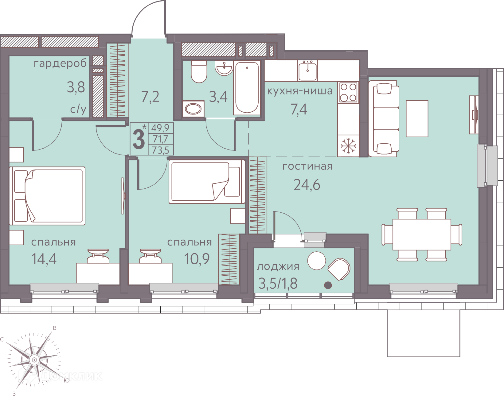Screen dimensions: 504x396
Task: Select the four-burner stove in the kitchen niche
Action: [x=348, y=92]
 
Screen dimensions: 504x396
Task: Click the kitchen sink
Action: [x=307, y=70]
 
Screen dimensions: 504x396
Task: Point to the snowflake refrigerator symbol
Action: [x=348, y=146]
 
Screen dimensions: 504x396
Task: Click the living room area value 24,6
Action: [x=307, y=185]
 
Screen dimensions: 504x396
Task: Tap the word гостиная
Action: [x=307, y=166]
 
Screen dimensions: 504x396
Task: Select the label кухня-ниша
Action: [x=300, y=91]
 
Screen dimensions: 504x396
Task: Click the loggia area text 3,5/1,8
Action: [x=278, y=284]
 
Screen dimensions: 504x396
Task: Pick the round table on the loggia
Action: [x=317, y=261]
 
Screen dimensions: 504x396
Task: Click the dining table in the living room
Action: [x=422, y=234]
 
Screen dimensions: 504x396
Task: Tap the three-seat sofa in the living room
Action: [x=384, y=118]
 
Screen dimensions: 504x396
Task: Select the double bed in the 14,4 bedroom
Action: [x=47, y=196]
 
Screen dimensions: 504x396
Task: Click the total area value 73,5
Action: [x=160, y=150]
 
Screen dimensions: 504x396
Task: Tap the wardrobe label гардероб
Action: [x=60, y=63]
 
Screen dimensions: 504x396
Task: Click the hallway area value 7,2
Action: [x=150, y=97]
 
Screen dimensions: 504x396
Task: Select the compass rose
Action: [x=34, y=360]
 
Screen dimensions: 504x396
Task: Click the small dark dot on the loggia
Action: [x=328, y=285]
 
